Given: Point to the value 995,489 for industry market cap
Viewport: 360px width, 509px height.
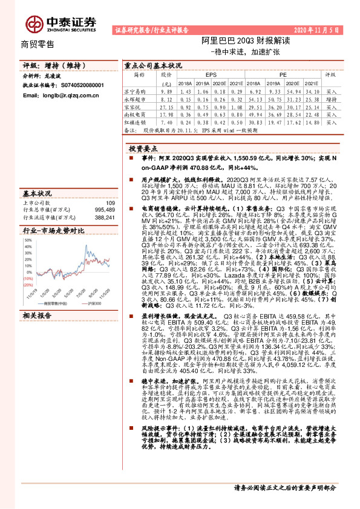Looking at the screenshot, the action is coord(100,210).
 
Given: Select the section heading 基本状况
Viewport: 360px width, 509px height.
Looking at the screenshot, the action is coord(36,193).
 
